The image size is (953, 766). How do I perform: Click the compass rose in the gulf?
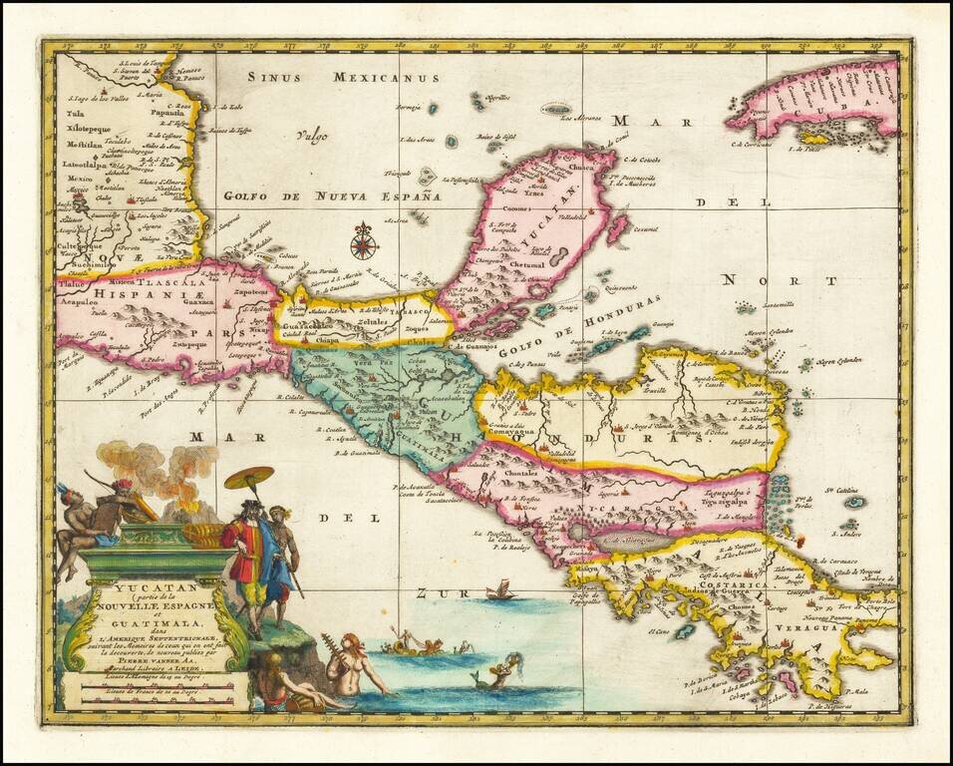[x=364, y=241]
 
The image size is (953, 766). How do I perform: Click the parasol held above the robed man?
[x=249, y=477]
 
